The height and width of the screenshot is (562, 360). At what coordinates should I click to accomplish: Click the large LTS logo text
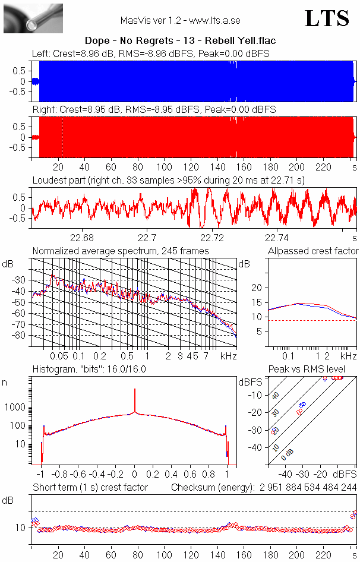tap(326, 18)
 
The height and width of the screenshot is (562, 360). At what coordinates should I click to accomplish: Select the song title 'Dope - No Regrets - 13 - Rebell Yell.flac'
tap(180, 41)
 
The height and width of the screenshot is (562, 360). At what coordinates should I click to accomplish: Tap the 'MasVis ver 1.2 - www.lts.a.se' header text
tap(180, 21)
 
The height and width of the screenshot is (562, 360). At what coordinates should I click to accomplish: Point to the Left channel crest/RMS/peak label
tap(151, 54)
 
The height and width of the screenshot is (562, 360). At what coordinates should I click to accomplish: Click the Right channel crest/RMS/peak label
tap(153, 110)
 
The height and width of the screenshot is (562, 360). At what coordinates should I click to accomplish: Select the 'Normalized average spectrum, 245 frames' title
tap(121, 251)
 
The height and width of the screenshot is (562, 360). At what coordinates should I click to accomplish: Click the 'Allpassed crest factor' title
tap(313, 251)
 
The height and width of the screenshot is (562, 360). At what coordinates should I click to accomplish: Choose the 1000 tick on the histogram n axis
tap(18, 408)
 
